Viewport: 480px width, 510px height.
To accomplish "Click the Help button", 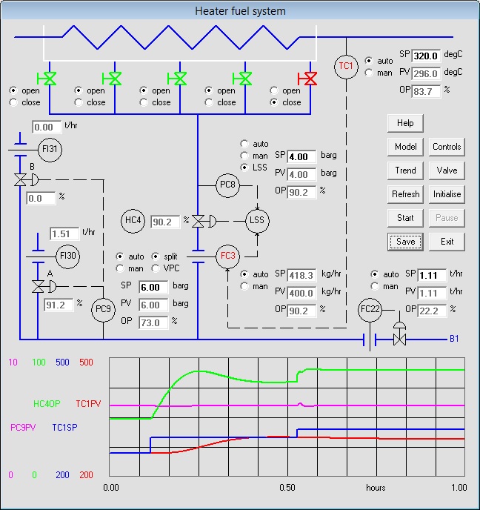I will [x=405, y=123].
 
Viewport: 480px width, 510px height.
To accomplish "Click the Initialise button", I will [x=447, y=194].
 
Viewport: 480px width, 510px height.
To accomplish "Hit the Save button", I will [x=405, y=242].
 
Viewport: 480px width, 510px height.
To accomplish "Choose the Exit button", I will [x=447, y=242].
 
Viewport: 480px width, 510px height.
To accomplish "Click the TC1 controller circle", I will [x=346, y=66].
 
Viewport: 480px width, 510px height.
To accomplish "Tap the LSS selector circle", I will [x=258, y=220].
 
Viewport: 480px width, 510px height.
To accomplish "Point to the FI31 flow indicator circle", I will [x=50, y=149].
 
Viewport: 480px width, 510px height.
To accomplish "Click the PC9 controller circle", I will [x=103, y=310].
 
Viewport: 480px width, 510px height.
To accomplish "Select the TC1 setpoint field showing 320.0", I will [x=427, y=56].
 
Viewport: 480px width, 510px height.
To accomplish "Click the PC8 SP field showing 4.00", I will [x=301, y=157].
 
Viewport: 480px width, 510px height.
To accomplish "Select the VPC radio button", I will [x=156, y=268].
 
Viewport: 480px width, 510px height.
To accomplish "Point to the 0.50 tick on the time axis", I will [x=287, y=488].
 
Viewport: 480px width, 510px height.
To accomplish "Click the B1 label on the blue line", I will [x=455, y=340].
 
